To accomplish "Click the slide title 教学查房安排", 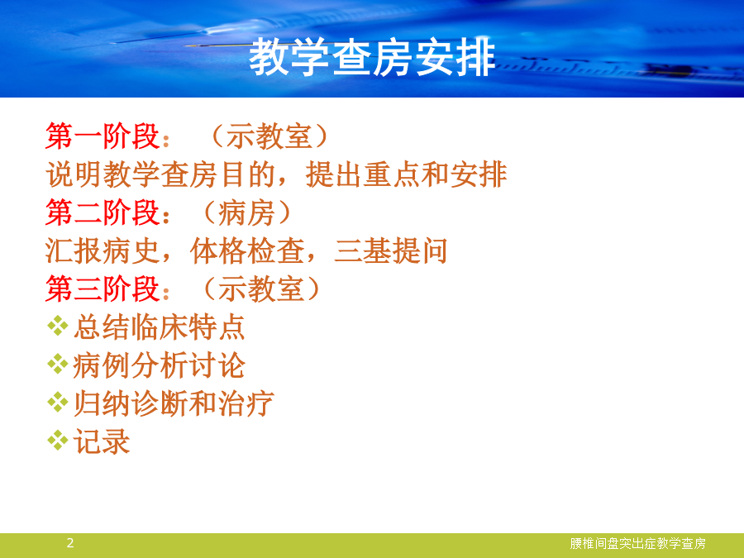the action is tap(373, 57).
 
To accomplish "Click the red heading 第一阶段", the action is tap(103, 136).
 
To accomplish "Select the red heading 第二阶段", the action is tap(103, 212).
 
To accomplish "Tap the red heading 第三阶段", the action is tap(103, 289).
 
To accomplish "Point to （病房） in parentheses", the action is tap(246, 212).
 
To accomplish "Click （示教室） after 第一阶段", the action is tap(269, 136).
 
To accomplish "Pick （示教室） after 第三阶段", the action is tap(261, 289).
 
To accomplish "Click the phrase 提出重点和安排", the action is tap(407, 174).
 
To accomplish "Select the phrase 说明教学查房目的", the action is tap(161, 174).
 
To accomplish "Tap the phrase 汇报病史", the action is tap(103, 250).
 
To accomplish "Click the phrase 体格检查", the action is tap(247, 250).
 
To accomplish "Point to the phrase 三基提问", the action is tap(391, 250).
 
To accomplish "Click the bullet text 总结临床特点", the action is tap(159, 327).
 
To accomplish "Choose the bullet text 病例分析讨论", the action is tap(159, 365).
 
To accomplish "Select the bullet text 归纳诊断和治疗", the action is tap(174, 403).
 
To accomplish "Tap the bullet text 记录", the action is tap(102, 441).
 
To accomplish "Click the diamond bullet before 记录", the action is tap(57, 440).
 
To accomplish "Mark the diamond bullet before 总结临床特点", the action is tap(57, 326).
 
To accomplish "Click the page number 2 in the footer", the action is tap(70, 543).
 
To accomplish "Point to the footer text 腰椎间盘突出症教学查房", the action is tap(637, 543).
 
